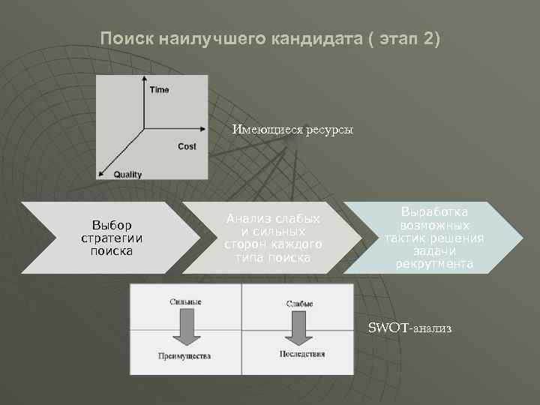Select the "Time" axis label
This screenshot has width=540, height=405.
[159, 90]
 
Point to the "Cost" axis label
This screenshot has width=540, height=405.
[187, 146]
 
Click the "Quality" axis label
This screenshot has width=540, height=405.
[127, 175]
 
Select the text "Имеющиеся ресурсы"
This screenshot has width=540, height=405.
[292, 130]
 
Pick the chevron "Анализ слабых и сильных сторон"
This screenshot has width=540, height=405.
[273, 238]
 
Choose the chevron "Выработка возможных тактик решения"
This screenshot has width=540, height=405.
[434, 238]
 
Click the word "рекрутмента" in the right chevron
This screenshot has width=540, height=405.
[434, 264]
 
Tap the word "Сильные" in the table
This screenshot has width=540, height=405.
[185, 301]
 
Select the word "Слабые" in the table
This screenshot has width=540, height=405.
[298, 303]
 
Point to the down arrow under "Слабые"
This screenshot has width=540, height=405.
[298, 327]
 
